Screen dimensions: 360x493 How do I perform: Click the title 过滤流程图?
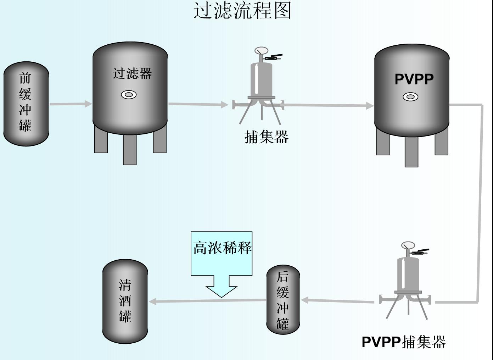pyautogui.click(x=242, y=11)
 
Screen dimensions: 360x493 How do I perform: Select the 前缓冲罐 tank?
pyautogui.click(x=26, y=104)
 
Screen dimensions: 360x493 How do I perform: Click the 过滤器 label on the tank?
pyautogui.click(x=133, y=74)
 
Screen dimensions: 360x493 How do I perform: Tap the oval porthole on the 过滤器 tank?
pyautogui.click(x=129, y=95)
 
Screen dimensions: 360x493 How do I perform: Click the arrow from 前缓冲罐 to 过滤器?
pyautogui.click(x=71, y=104)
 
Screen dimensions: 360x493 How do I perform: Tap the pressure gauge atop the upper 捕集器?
pyautogui.click(x=261, y=51)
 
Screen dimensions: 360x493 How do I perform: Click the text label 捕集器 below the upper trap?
pyautogui.click(x=267, y=137)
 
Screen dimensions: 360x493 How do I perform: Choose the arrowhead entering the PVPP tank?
pyautogui.click(x=370, y=105)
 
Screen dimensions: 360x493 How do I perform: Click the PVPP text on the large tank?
pyautogui.click(x=414, y=79)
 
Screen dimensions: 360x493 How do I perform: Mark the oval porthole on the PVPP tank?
pyautogui.click(x=410, y=97)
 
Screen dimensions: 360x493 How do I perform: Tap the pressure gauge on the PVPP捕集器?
pyautogui.click(x=408, y=245)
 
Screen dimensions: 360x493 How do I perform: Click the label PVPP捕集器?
pyautogui.click(x=403, y=342)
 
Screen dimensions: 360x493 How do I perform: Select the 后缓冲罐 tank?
pyautogui.click(x=283, y=300)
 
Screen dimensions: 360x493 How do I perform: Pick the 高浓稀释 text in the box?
pyautogui.click(x=222, y=248)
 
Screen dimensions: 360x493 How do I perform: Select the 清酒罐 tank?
pyautogui.click(x=125, y=301)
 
